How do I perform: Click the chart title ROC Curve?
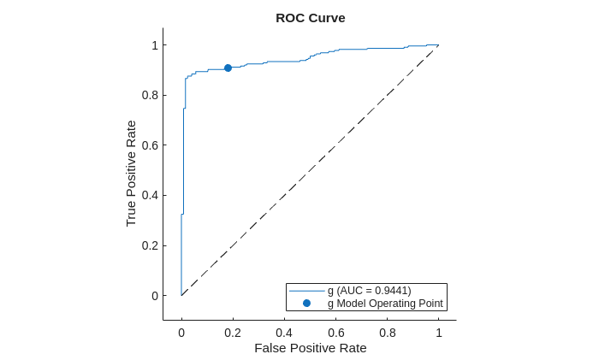tap(310, 18)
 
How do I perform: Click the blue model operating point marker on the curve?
tap(228, 68)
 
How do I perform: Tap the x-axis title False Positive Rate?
tap(310, 348)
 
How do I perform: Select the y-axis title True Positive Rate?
tap(131, 173)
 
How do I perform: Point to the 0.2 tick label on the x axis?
tap(233, 333)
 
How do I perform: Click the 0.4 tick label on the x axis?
tap(284, 333)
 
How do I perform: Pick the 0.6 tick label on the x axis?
tap(335, 333)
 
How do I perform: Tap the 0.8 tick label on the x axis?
tap(387, 333)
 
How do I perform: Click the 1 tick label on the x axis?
tap(439, 333)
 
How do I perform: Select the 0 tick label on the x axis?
tap(181, 333)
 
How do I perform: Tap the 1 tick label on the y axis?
tap(154, 45)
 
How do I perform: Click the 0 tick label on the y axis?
tap(154, 296)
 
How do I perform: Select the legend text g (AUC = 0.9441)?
tap(369, 291)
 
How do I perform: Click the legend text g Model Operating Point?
tap(385, 304)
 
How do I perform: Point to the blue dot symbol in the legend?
tap(306, 304)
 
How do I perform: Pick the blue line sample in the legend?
tap(306, 291)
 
